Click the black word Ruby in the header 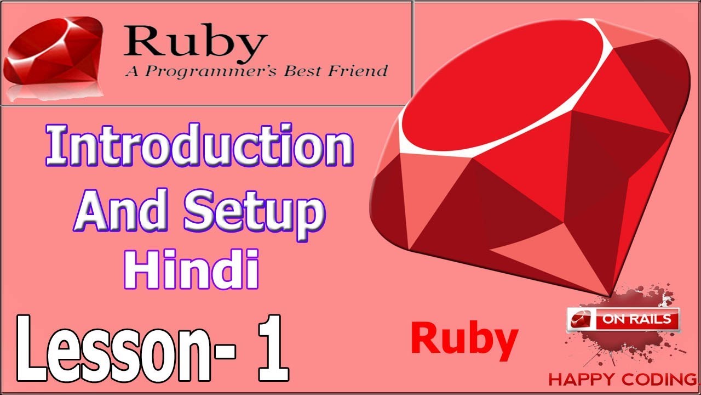coord(195,42)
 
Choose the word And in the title coord(118,211)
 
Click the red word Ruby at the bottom coord(464,338)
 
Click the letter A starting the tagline coord(130,71)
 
